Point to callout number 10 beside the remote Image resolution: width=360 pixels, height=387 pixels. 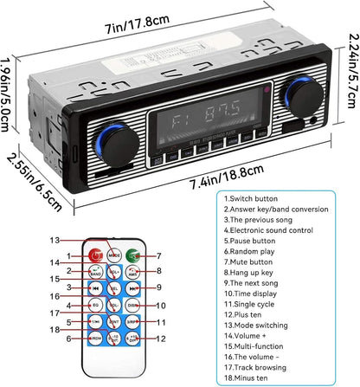162,306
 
